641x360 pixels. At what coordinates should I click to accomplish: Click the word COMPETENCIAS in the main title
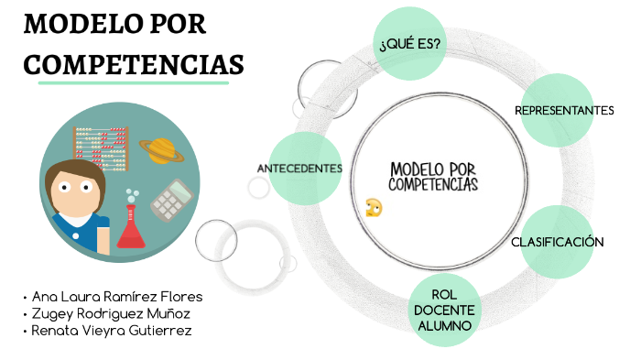(134, 65)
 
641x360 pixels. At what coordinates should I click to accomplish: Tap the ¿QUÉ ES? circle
(410, 40)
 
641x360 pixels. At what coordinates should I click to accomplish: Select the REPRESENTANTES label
(564, 111)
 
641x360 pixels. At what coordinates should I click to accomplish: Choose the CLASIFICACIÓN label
(558, 242)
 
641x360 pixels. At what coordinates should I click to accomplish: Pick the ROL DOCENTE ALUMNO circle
(442, 310)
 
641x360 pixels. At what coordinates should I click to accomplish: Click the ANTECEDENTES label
(299, 169)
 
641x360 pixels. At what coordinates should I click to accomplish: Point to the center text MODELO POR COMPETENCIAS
(433, 176)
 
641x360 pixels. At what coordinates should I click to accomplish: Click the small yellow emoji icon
(373, 207)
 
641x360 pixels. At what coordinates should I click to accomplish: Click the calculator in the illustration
(171, 200)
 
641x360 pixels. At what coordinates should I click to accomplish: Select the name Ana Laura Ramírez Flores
(117, 297)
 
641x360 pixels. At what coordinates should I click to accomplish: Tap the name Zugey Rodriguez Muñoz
(111, 313)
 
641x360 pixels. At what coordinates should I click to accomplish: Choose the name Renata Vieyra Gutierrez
(111, 331)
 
